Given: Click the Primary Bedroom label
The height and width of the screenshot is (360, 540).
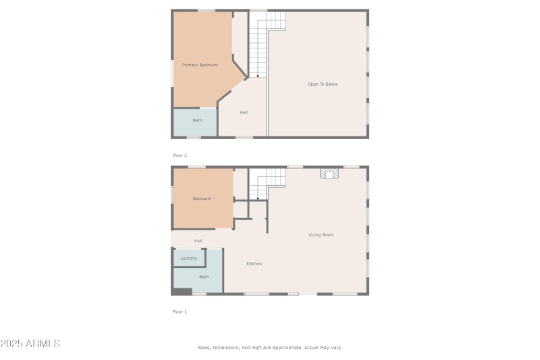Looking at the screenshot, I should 200,65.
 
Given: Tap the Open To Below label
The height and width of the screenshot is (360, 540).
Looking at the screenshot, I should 322,84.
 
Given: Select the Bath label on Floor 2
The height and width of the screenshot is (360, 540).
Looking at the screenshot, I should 197,120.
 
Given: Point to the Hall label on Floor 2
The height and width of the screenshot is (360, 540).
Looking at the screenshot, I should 244,112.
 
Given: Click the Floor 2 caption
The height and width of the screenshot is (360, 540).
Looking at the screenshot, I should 180,155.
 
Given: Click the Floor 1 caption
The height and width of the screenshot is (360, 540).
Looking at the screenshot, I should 180,311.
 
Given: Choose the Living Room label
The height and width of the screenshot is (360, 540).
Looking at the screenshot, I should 321,235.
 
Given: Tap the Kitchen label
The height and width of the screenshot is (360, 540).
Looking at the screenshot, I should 254,263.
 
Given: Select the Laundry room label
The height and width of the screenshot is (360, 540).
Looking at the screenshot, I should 189,258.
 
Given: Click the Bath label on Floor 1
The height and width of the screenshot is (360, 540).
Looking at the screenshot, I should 203,277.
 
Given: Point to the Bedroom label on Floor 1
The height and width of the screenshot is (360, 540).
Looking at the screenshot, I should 202,199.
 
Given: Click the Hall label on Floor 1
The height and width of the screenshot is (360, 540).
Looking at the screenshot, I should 198,241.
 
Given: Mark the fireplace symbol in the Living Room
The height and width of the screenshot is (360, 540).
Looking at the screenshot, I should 329,174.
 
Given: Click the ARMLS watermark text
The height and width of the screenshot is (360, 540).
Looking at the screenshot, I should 43,344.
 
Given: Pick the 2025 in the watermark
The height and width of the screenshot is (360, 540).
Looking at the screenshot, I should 11,344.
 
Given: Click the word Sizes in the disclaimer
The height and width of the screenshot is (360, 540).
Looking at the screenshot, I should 204,347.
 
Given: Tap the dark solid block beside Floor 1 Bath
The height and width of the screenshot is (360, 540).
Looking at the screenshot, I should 181,292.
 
